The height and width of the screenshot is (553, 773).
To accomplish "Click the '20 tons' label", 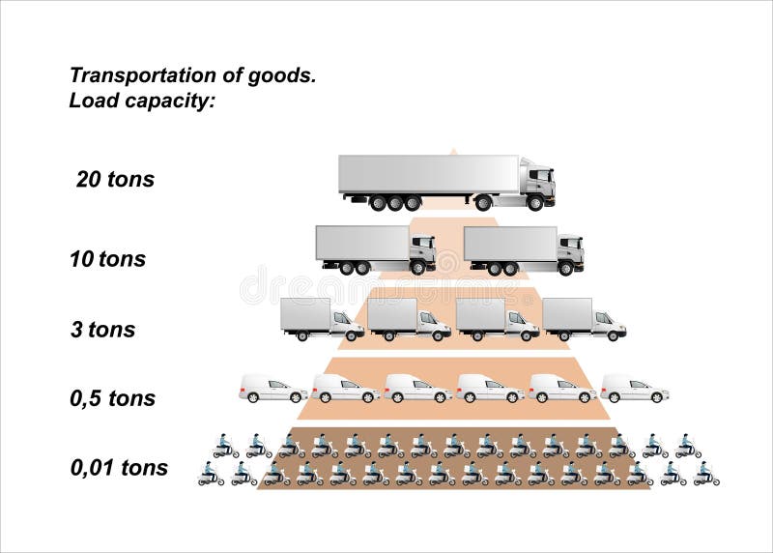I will (115, 180).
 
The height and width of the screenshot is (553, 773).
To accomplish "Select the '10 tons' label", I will (107, 259).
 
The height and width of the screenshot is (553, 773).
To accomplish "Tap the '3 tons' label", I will (102, 330).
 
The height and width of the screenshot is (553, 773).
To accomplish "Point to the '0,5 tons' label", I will (112, 398).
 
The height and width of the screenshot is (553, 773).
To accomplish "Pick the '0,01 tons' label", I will (119, 468).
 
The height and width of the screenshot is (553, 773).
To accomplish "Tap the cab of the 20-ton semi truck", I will (537, 182).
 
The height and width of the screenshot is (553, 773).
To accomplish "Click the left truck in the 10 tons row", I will (375, 249).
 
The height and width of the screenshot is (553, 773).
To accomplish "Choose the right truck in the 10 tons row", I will (523, 249).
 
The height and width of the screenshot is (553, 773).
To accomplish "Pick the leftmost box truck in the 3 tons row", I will (322, 319).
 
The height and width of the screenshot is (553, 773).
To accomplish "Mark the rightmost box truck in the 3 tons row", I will (584, 319).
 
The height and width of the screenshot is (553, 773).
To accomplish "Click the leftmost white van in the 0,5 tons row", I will (272, 389).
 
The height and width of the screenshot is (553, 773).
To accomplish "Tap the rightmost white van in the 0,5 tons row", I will (634, 389).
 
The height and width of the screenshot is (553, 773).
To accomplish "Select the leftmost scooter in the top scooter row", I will (225, 446).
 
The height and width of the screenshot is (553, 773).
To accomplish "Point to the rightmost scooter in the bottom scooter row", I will (705, 474).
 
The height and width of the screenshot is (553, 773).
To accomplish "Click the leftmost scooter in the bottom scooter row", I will (211, 474).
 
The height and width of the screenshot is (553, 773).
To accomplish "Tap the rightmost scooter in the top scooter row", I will (688, 446).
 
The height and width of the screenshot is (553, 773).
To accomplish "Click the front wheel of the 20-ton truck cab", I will (534, 203).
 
